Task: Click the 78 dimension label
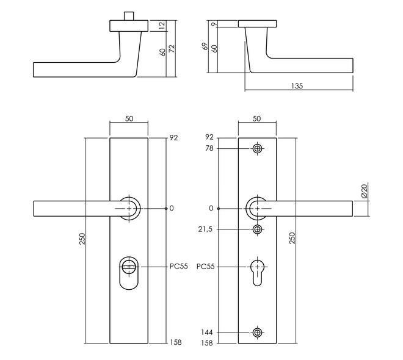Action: tap(209, 148)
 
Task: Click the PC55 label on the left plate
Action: tap(179, 267)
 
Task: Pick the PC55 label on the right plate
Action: tap(207, 267)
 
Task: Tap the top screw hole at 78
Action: tap(257, 148)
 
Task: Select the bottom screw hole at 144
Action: tap(257, 333)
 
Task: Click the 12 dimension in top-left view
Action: tap(162, 26)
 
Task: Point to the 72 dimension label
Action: tap(172, 49)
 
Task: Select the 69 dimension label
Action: tap(206, 47)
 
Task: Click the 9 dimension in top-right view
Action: tap(214, 24)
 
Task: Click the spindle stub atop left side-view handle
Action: tap(129, 15)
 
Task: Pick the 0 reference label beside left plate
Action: tap(172, 209)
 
